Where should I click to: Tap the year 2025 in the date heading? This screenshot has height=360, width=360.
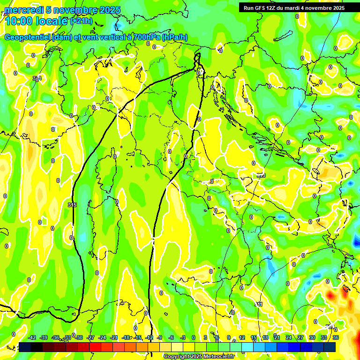110,10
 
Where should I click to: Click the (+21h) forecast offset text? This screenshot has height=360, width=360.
81,21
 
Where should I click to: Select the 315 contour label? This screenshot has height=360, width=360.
72,205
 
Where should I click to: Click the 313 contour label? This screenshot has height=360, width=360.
261,175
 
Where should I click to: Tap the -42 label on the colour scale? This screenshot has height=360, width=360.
32,337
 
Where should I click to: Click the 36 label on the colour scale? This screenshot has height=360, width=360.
336,337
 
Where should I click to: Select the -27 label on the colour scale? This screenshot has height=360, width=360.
90,337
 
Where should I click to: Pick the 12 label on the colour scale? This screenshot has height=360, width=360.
242,337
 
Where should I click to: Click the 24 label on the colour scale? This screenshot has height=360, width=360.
288,337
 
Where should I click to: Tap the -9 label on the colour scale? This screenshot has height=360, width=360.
160,337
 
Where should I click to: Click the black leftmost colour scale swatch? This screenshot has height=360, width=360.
25,347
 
